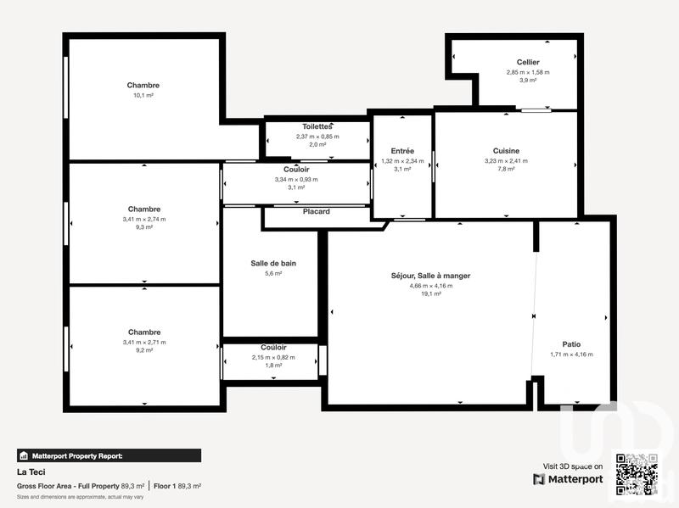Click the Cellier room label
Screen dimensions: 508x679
(x=528, y=62)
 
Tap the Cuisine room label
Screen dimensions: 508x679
(x=506, y=151)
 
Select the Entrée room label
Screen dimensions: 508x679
(x=402, y=151)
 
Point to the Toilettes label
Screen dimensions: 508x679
(x=317, y=126)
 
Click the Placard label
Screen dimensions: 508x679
(x=316, y=211)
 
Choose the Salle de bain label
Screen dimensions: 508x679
(x=273, y=263)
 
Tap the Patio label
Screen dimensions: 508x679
(x=571, y=344)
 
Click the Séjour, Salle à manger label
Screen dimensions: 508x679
(x=430, y=276)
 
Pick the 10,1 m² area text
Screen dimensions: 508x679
(x=143, y=96)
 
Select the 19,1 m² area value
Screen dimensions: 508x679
(x=430, y=294)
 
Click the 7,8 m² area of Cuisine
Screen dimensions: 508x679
(x=506, y=170)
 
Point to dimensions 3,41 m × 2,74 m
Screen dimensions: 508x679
(x=143, y=219)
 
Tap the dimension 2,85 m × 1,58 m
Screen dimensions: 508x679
(x=528, y=72)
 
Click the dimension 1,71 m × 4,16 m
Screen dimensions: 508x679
(x=571, y=354)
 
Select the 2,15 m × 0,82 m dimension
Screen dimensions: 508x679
(x=273, y=357)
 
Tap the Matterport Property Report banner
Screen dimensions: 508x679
(x=109, y=455)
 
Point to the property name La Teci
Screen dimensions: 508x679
(x=30, y=472)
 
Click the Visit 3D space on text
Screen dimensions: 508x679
(x=573, y=466)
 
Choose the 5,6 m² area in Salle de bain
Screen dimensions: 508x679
(x=273, y=273)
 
